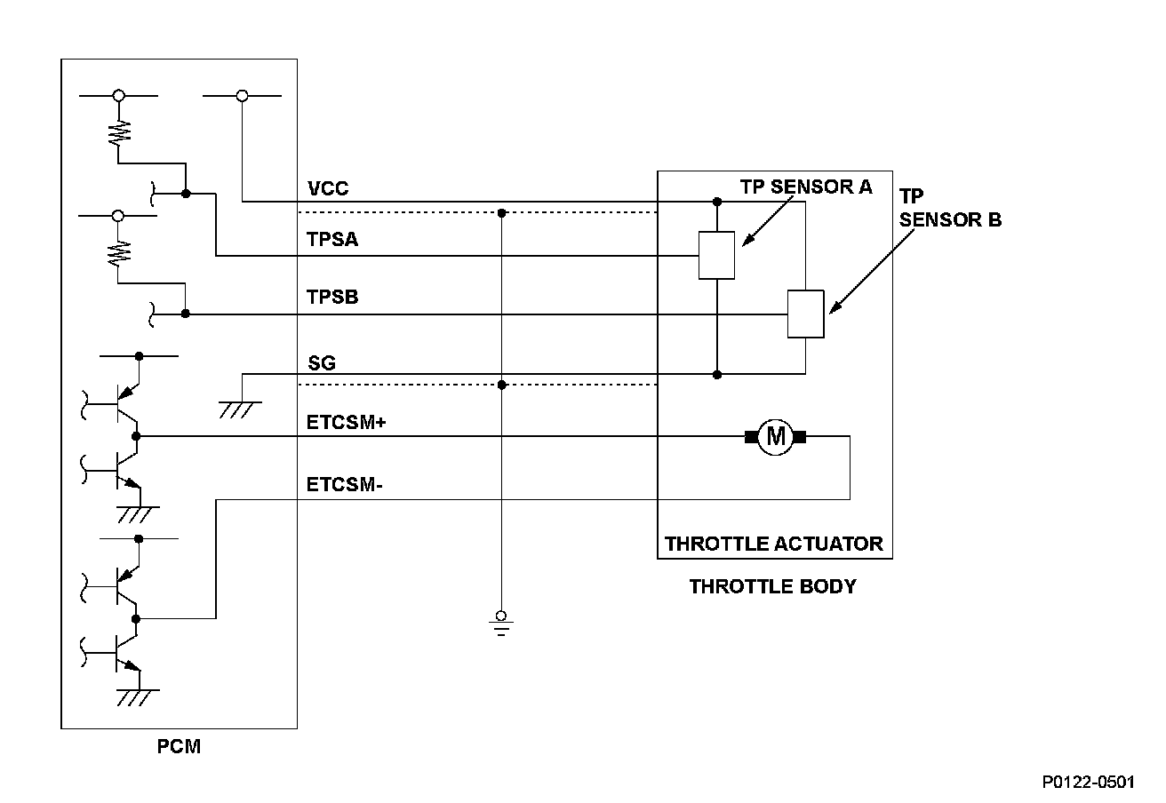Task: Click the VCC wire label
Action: click(328, 188)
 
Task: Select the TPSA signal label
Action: click(332, 240)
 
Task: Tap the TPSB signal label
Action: click(332, 298)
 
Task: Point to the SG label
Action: click(322, 362)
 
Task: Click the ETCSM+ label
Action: click(347, 422)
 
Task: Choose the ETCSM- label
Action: click(344, 484)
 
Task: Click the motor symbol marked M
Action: click(776, 437)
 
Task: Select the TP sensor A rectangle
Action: click(717, 256)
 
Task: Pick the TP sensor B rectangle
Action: click(806, 314)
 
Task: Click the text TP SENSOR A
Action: click(806, 187)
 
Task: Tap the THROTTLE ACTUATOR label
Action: click(774, 544)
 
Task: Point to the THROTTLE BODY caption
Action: click(773, 586)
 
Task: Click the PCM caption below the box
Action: click(179, 746)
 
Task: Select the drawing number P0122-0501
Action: click(1089, 783)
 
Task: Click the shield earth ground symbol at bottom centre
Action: click(501, 623)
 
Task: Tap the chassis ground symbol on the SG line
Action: click(240, 409)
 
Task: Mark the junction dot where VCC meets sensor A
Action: click(717, 202)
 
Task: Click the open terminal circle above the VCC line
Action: click(242, 96)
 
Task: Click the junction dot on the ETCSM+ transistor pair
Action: click(136, 436)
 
